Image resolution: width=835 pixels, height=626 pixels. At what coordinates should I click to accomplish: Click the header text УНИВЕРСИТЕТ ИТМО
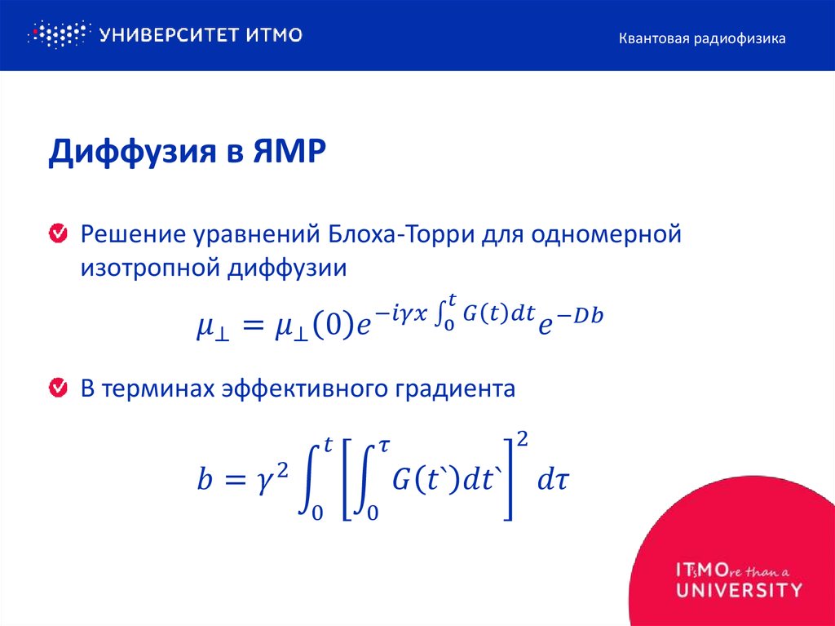(x=201, y=35)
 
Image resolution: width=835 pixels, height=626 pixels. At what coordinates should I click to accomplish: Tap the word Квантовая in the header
(x=653, y=38)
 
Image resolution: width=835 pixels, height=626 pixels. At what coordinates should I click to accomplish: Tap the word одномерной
(x=606, y=236)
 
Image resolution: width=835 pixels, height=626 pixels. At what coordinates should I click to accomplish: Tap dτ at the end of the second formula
(x=552, y=480)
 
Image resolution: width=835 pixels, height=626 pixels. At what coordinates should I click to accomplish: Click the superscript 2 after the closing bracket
(x=523, y=441)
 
